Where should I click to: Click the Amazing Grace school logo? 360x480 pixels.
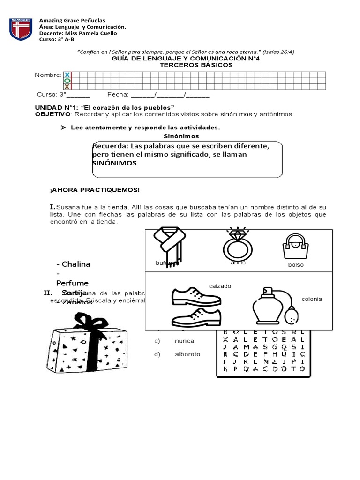(x=21, y=29)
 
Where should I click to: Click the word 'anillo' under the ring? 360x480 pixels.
(x=238, y=262)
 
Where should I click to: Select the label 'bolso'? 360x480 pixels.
(x=296, y=265)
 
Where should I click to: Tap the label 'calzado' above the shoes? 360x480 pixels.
(x=220, y=286)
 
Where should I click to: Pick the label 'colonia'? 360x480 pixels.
(x=312, y=299)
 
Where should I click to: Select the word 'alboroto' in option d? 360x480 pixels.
(x=187, y=354)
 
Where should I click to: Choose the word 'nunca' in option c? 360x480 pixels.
(x=184, y=341)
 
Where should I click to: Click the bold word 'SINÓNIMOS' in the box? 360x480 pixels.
(x=115, y=163)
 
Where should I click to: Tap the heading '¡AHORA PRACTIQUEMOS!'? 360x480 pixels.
(x=94, y=190)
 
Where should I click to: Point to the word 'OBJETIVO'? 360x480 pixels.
(x=53, y=114)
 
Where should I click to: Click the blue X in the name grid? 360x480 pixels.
(x=67, y=75)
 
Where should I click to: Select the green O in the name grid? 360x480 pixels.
(x=67, y=81)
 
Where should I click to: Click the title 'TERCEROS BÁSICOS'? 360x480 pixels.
(x=196, y=65)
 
